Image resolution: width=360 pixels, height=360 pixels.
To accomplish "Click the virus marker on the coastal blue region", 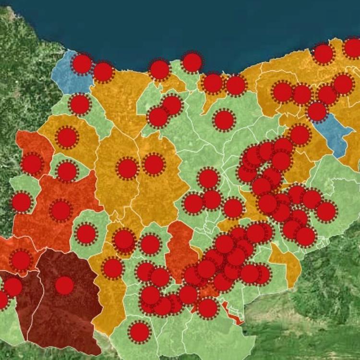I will [82, 64].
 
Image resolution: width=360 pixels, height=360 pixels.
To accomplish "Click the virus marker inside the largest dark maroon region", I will [64, 286].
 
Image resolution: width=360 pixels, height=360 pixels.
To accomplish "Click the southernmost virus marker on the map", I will [140, 332].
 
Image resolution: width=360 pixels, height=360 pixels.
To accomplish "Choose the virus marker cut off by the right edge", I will [353, 48].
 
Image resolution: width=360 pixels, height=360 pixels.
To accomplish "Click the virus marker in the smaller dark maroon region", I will [13, 287].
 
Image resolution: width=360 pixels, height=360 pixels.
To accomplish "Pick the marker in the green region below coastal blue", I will [80, 104].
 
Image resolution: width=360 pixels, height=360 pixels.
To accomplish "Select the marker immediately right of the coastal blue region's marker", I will [103, 72].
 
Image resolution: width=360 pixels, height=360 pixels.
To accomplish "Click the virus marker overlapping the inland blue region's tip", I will [317, 111].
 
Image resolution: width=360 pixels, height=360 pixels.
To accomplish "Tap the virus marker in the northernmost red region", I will [32, 164].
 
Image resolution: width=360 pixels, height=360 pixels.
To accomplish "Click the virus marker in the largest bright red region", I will [61, 210].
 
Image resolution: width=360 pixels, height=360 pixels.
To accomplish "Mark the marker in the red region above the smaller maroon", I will [21, 260].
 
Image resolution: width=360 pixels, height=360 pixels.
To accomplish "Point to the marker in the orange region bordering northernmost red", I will [67, 138].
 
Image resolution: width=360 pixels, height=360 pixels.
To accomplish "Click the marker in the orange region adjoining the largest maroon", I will [113, 268].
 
